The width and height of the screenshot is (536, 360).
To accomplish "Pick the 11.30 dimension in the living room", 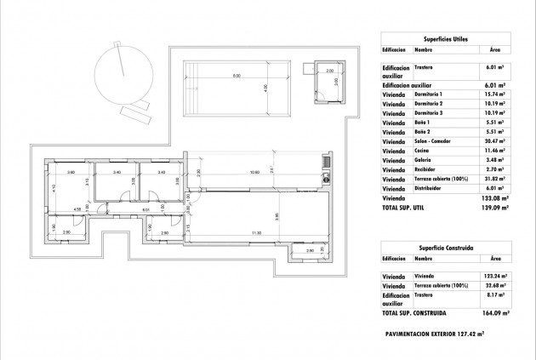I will click(x=255, y=232).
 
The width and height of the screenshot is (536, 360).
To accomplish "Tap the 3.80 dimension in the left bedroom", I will click(x=71, y=172).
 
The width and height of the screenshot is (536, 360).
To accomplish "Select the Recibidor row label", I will click(x=427, y=169).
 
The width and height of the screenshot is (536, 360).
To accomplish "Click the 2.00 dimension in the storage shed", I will click(x=329, y=71).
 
